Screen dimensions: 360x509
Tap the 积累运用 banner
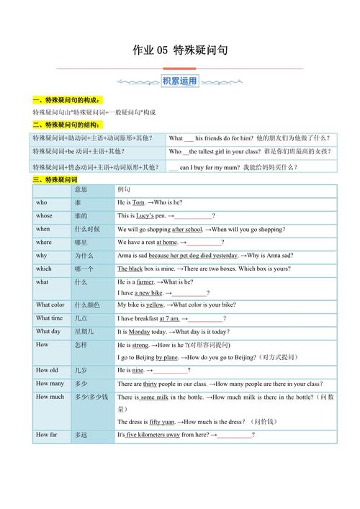[179, 81]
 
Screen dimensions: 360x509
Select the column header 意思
[81, 189]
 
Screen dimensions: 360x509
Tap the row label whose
[44, 215]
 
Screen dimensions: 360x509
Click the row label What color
[50, 305]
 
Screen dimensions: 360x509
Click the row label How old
[47, 370]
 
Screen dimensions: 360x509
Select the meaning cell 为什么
[84, 256]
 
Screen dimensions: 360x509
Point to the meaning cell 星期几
[84, 331]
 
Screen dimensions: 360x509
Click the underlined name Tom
[139, 203]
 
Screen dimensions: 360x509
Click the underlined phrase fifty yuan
[163, 421]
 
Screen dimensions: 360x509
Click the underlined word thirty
[150, 384]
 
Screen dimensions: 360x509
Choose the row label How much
[50, 397]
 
